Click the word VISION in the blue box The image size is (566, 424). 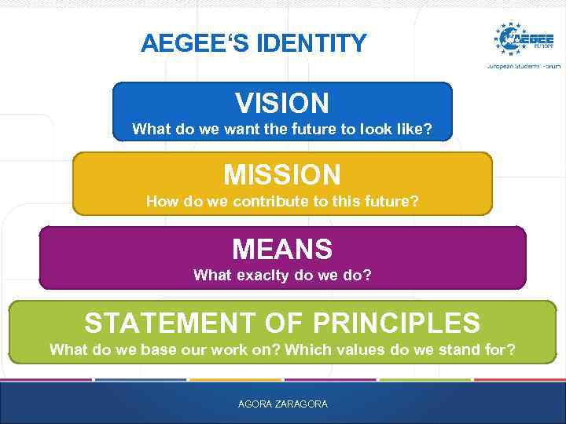point(282,103)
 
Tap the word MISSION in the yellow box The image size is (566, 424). point(282,174)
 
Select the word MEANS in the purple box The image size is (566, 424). point(282,250)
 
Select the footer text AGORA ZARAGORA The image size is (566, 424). point(282,404)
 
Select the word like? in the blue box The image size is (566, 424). point(413,129)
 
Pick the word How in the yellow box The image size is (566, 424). point(161,202)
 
